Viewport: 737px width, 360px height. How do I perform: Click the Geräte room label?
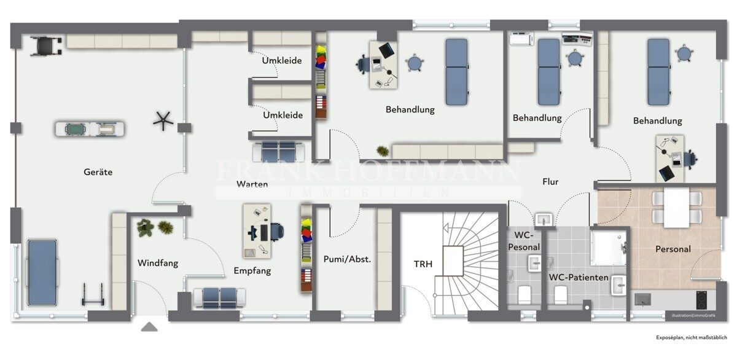pos(98,172)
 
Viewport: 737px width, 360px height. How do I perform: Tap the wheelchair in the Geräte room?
pos(45,45)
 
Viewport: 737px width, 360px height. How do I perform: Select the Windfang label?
pos(158,263)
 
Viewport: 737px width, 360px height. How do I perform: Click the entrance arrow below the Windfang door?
pos(149,327)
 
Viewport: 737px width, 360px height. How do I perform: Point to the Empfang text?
pos(252,271)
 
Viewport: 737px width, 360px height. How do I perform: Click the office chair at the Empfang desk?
pos(277,232)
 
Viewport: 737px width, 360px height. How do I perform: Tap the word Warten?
pos(252,184)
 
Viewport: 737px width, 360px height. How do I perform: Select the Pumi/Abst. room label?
pos(347,259)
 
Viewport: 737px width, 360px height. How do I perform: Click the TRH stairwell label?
pos(423,264)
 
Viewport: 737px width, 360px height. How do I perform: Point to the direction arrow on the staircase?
pos(446,228)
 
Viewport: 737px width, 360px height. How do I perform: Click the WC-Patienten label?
pos(579,278)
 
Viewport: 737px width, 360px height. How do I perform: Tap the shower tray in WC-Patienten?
pos(609,248)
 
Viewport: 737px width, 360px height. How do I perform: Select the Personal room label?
pos(673,249)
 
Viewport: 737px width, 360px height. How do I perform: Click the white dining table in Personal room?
pos(676,208)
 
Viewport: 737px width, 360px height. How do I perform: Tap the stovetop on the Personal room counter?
pos(701,300)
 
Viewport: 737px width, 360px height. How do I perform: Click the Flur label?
pos(550,182)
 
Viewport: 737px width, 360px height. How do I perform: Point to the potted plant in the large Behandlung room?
pos(383,151)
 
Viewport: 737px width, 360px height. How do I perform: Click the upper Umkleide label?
pos(282,61)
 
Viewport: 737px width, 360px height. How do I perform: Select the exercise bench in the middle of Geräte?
pos(90,128)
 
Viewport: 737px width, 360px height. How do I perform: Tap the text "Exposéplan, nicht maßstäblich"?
pos(692,338)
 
